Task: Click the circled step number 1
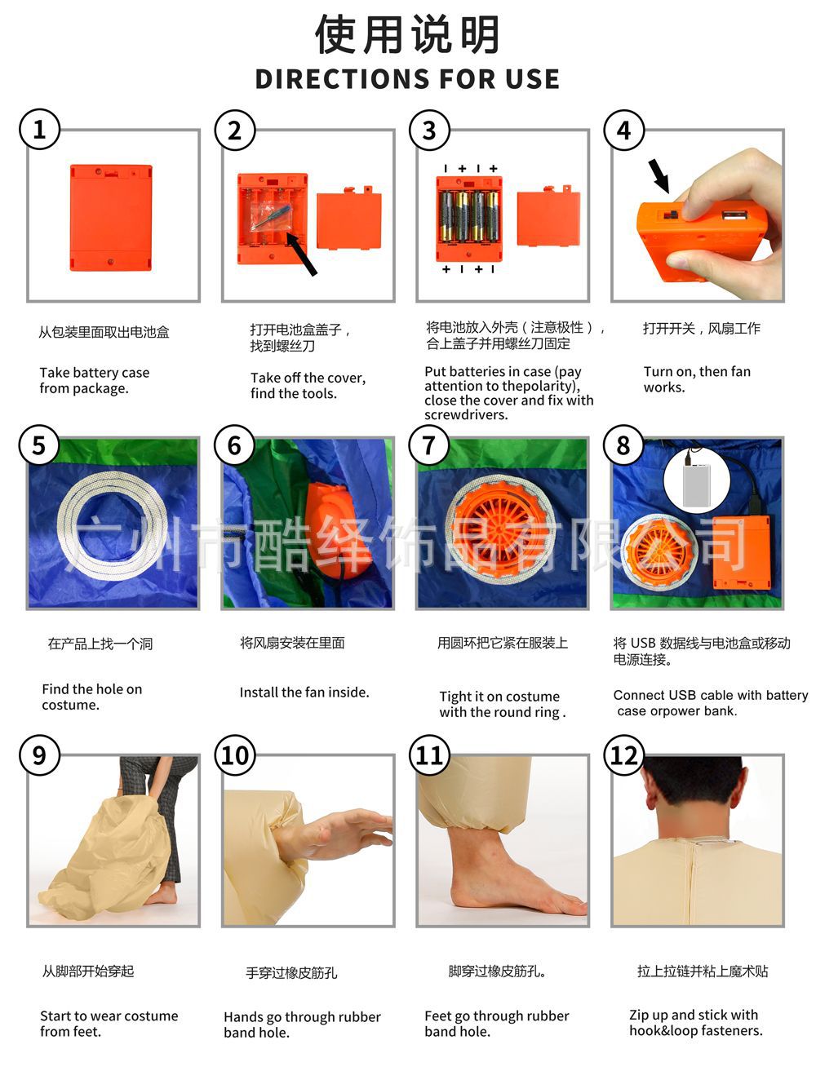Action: point(39,130)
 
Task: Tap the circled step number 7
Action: point(429,445)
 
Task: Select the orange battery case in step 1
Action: point(111,218)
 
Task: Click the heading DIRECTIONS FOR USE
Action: point(407,79)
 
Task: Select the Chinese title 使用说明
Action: point(407,35)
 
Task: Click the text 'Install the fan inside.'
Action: point(304,693)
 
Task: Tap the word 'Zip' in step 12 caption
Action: point(639,1016)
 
